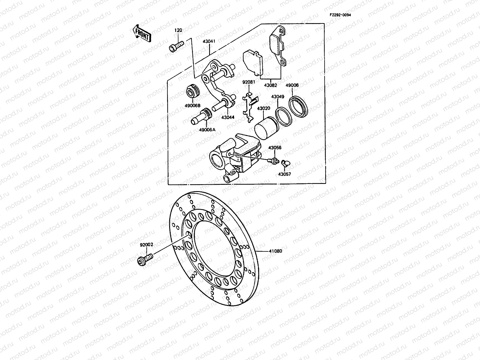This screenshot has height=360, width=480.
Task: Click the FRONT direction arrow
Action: [141, 34]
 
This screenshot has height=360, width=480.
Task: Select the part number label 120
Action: [178, 31]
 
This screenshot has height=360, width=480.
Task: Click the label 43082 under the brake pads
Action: [271, 85]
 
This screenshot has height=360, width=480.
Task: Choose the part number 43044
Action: [228, 117]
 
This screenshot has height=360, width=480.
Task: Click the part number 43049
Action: [277, 97]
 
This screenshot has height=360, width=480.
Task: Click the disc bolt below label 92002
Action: [145, 258]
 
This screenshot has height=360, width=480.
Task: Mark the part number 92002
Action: [146, 244]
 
